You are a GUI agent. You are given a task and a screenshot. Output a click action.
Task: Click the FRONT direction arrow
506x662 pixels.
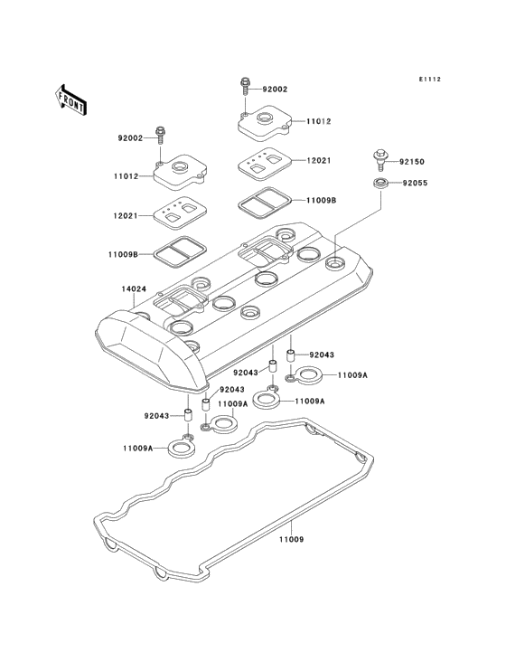coord(70,100)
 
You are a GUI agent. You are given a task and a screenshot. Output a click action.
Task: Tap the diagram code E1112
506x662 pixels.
coord(430,79)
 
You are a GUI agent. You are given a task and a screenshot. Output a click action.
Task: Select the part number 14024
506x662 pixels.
coord(134,289)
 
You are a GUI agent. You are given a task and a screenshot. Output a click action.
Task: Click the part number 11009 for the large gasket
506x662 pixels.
coord(291,540)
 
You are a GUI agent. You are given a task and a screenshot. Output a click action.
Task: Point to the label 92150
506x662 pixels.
coord(412,162)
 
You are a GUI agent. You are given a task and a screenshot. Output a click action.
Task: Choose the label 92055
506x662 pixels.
coord(415,183)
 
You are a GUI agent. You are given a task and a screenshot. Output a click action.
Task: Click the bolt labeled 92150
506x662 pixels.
coord(379,159)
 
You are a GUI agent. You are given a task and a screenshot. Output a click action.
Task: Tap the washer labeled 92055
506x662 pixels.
coord(379,184)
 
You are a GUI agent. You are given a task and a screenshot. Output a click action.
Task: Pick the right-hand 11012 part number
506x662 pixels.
coord(318,121)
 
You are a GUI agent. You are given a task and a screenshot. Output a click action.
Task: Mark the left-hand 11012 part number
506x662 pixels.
coord(126,175)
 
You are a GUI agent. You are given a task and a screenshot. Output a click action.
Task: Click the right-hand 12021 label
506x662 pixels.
coord(318,160)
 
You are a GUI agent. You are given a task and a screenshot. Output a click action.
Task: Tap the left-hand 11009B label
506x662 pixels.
coord(123,255)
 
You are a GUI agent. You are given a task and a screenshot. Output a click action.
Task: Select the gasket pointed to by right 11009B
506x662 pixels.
coord(265,203)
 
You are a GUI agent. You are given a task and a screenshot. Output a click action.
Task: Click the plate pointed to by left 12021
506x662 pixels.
coord(180,213)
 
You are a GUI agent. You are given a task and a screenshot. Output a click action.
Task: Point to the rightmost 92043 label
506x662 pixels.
coord(322,355)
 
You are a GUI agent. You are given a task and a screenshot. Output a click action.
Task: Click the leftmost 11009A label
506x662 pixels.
coord(137,449)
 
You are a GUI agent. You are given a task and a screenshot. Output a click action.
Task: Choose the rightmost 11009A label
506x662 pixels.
coord(352,374)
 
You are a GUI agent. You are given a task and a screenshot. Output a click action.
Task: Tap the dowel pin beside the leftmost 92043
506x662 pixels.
coord(188,414)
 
